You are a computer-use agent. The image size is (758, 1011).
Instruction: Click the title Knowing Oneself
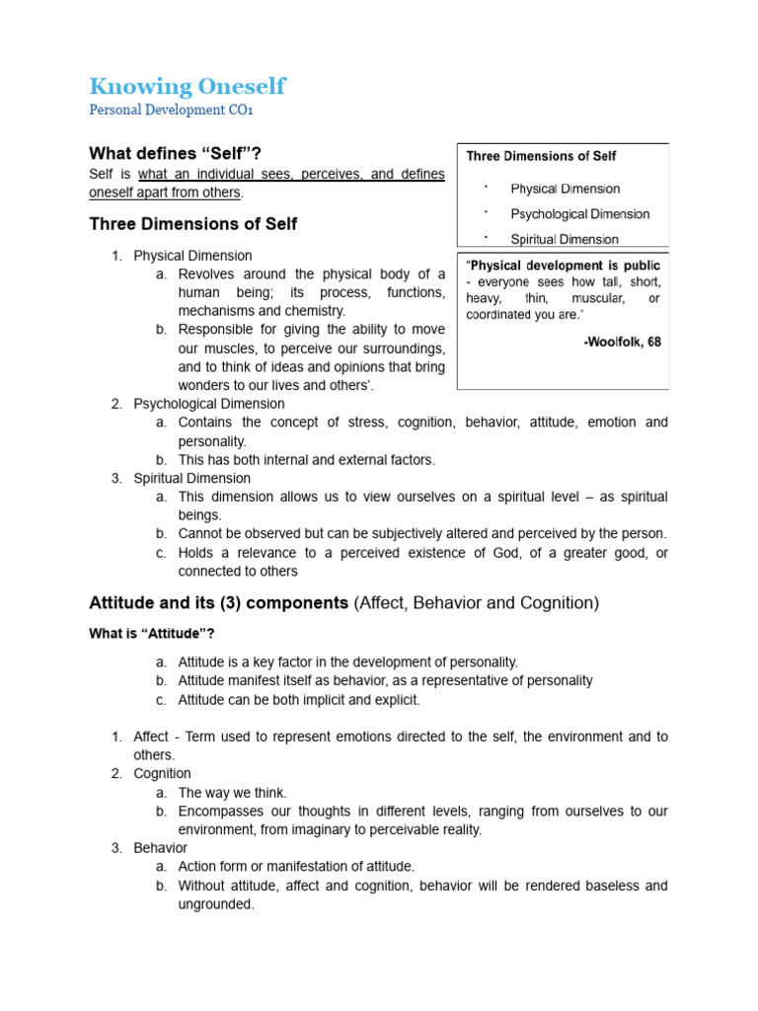pyautogui.click(x=188, y=86)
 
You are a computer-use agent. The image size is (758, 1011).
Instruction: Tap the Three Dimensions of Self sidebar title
pyautogui.click(x=542, y=156)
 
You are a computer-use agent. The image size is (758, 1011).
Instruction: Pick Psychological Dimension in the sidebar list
pyautogui.click(x=580, y=214)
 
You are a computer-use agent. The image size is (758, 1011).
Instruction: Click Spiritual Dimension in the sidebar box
pyautogui.click(x=565, y=239)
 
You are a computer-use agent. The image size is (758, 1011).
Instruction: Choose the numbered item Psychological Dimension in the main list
pyautogui.click(x=209, y=404)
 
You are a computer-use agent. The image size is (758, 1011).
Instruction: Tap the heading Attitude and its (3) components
pyautogui.click(x=218, y=602)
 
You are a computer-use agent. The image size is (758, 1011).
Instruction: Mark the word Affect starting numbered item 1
pyautogui.click(x=151, y=737)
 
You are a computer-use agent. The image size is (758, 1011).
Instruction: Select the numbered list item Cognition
pyautogui.click(x=163, y=774)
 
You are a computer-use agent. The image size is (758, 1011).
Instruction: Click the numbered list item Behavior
pyautogui.click(x=161, y=848)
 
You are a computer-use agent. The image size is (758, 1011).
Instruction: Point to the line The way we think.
pyautogui.click(x=233, y=793)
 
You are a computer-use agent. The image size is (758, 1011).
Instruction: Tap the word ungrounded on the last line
pyautogui.click(x=216, y=903)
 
